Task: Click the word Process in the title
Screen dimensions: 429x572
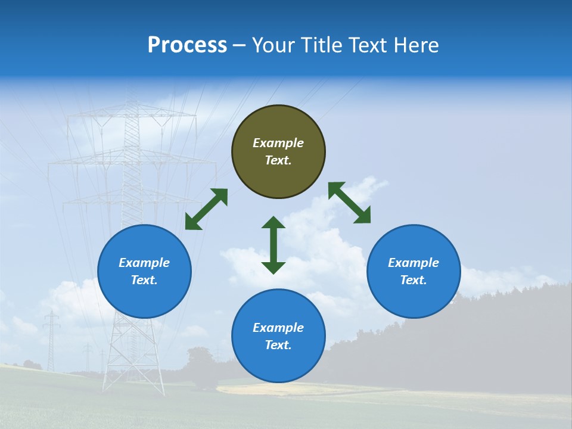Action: [187, 45]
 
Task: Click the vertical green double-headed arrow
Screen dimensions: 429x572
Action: [273, 245]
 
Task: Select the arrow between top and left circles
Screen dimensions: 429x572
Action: [206, 209]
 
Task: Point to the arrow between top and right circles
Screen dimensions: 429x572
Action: [349, 203]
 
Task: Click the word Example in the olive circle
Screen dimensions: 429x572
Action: [278, 143]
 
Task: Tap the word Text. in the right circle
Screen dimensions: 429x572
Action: [413, 280]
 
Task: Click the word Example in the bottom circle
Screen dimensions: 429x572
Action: [278, 328]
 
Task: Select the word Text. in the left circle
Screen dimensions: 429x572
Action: [144, 280]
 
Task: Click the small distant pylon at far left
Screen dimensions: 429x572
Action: [51, 340]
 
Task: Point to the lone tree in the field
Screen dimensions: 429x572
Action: [200, 363]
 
